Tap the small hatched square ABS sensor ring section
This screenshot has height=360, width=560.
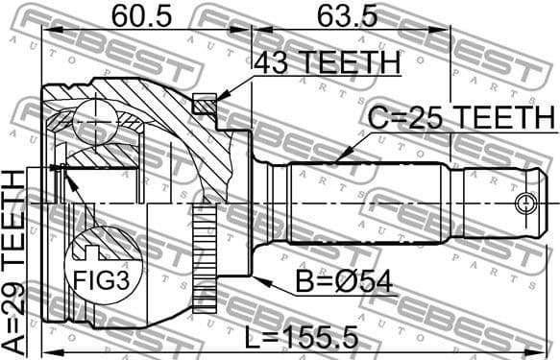point(202,104)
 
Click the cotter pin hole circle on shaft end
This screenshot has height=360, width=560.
point(524,204)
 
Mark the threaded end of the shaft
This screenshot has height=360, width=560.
point(499,204)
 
